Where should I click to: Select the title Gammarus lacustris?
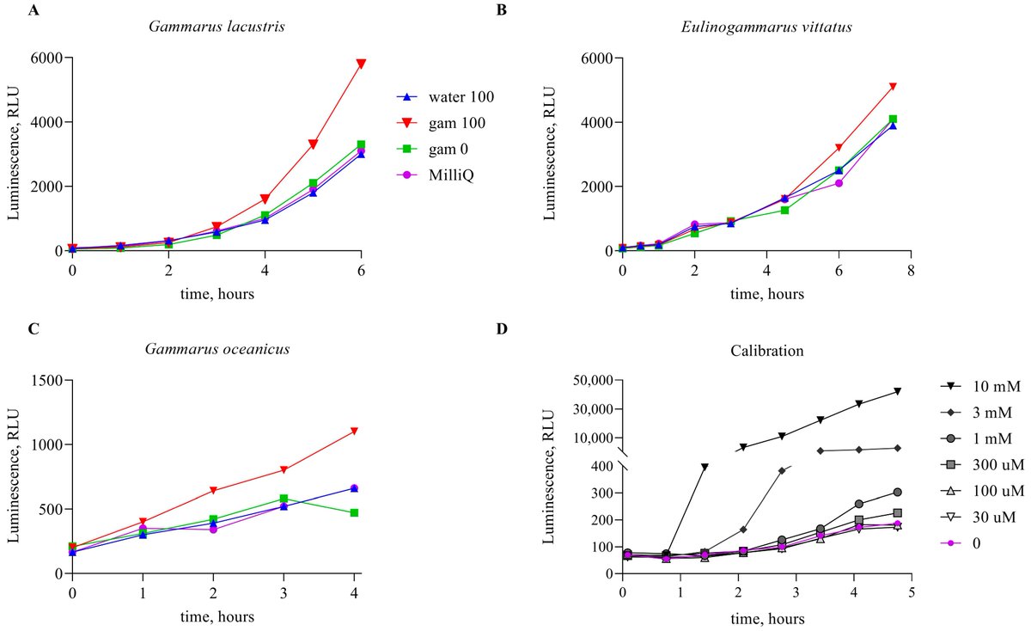pyautogui.click(x=217, y=27)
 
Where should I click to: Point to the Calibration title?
pyautogui.click(x=766, y=351)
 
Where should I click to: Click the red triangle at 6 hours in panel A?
pyautogui.click(x=362, y=64)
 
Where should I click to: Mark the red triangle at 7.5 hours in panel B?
pyautogui.click(x=894, y=86)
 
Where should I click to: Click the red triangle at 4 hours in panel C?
pyautogui.click(x=354, y=430)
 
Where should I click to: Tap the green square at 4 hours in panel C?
pyautogui.click(x=354, y=512)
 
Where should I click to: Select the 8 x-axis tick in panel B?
pyautogui.click(x=911, y=270)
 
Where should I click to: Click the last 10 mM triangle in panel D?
pyautogui.click(x=897, y=391)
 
